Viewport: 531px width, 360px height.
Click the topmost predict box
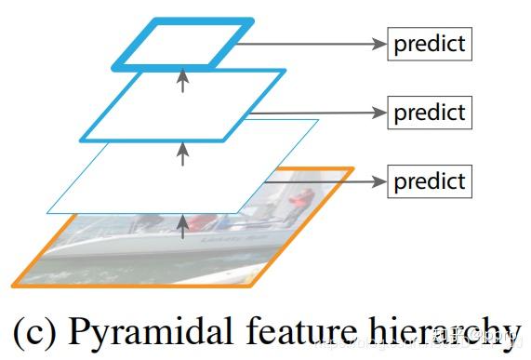430,43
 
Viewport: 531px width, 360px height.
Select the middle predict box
430,113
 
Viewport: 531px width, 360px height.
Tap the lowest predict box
430,180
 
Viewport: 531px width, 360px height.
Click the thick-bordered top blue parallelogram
183,42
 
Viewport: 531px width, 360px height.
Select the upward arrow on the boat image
182,223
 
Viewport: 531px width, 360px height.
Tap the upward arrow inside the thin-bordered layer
182,154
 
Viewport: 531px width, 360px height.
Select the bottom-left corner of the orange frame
15,283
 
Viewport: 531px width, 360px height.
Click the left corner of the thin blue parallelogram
48,212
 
